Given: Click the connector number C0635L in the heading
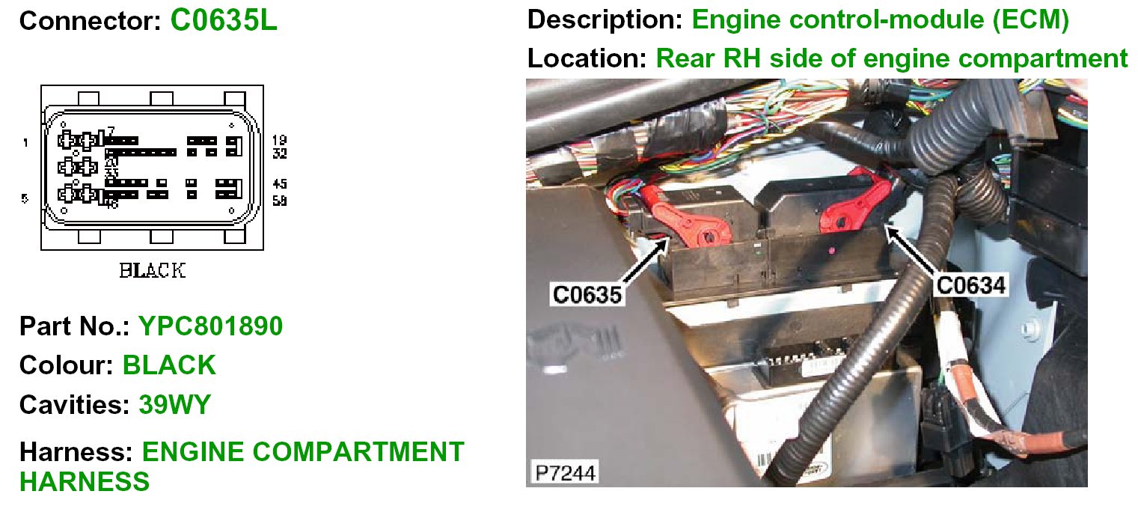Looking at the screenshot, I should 224,20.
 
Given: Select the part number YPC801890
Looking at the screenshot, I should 211,326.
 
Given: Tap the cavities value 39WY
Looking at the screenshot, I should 175,404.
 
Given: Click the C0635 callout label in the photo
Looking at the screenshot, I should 587,293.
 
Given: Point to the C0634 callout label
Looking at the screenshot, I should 971,284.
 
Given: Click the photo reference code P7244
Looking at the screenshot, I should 561,472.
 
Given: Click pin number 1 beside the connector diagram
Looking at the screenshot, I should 26,142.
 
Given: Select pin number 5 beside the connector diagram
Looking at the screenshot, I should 25,198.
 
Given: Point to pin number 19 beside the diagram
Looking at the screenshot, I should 280,140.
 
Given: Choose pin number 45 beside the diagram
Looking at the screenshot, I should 280,184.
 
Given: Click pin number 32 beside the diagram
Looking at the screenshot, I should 280,154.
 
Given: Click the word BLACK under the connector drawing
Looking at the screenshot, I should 152,271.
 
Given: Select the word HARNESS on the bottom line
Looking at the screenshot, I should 85,482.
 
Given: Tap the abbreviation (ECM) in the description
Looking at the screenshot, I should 1031,20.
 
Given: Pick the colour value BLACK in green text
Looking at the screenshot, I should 169,365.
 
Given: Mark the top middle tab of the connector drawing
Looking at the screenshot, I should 162,99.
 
